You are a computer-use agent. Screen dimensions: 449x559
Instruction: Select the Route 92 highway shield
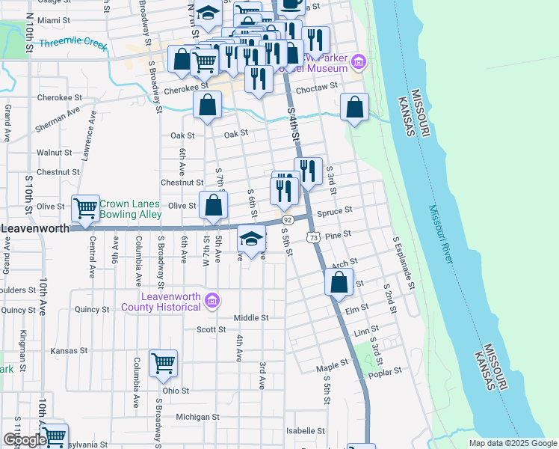[288, 220]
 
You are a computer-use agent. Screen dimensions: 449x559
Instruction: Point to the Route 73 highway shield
[313, 236]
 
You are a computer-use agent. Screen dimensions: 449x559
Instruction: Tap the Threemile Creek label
[74, 43]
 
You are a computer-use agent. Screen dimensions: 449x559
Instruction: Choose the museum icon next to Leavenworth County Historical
[213, 301]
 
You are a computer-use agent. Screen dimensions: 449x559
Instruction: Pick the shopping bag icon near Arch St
[339, 283]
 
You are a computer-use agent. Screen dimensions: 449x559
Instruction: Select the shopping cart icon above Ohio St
[163, 364]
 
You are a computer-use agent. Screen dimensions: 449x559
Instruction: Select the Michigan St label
[197, 417]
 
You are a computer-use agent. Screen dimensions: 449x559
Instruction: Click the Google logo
[25, 440]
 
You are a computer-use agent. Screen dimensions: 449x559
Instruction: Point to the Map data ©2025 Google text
[512, 443]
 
